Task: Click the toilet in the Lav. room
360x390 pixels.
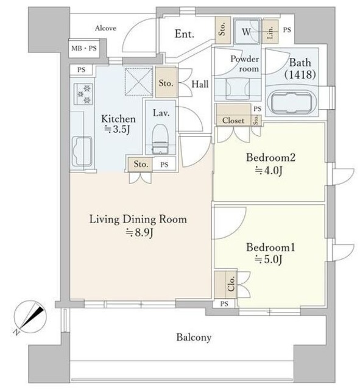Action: pyautogui.click(x=160, y=140)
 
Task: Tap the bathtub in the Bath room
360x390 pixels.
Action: pyautogui.click(x=291, y=102)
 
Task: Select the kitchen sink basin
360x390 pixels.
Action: pyautogui.click(x=82, y=152)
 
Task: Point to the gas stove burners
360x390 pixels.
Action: pyautogui.click(x=84, y=94)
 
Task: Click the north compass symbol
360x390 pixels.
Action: pyautogui.click(x=30, y=317)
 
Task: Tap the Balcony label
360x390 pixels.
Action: pyautogui.click(x=194, y=337)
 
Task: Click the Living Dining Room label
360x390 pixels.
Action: pyautogui.click(x=138, y=219)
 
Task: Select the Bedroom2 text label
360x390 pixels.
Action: pyautogui.click(x=270, y=157)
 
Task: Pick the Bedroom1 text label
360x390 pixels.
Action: pyautogui.click(x=270, y=247)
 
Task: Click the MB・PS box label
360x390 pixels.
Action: pyautogui.click(x=84, y=48)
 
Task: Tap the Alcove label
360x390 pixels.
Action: pyautogui.click(x=105, y=28)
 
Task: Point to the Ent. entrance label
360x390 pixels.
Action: pyautogui.click(x=184, y=34)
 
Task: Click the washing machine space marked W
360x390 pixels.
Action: pyautogui.click(x=247, y=31)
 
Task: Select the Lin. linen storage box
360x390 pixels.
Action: pyautogui.click(x=270, y=31)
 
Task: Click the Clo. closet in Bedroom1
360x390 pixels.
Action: pyautogui.click(x=226, y=283)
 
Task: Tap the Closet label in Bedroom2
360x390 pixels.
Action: pyautogui.click(x=233, y=121)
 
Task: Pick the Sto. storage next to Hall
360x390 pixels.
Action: pyautogui.click(x=166, y=83)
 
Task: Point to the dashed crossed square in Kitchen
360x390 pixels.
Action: pyautogui.click(x=138, y=82)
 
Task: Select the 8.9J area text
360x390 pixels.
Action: pyautogui.click(x=139, y=233)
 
